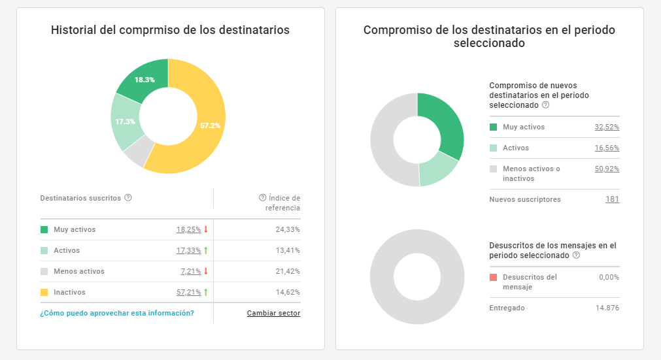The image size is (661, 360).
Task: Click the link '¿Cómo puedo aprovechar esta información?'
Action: pos(117,313)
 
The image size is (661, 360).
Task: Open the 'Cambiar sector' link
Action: pos(273,313)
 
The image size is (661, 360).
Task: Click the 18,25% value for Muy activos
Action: pos(188,229)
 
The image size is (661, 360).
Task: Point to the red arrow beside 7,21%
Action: pos(206,271)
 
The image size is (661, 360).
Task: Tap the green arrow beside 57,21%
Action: pos(206,292)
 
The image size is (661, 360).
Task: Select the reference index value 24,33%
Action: pos(288,229)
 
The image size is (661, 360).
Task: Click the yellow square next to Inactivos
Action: pos(44,292)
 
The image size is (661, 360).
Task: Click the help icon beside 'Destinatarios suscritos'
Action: pos(128,198)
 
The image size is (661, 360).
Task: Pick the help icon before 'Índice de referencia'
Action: pos(263,198)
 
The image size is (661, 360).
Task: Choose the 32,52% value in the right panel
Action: pos(607,127)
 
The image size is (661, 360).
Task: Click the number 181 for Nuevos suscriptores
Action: pos(612,199)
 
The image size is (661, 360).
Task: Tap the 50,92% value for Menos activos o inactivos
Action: pos(607,169)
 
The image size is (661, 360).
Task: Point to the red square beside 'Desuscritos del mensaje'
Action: pos(494,277)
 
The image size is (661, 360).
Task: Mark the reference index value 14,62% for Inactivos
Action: pos(288,292)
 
